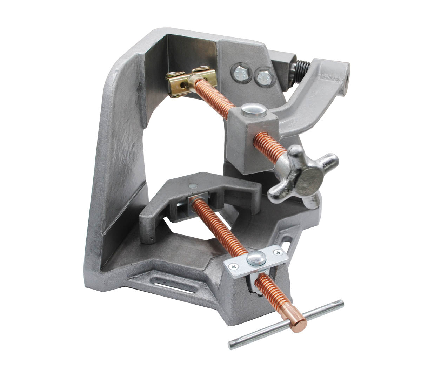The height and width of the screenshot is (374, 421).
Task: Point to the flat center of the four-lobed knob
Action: tap(310, 178)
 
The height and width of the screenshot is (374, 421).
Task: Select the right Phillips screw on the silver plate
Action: tap(278, 252)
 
